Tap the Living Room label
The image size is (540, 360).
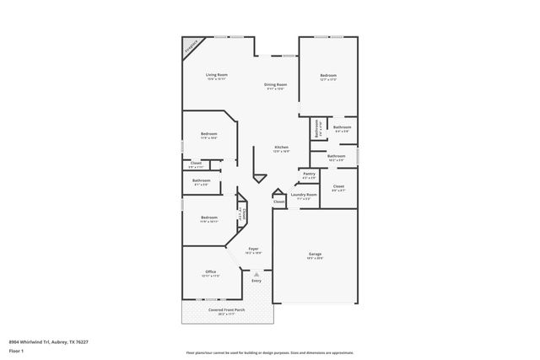pos(217,75)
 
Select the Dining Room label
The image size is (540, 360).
pos(276,84)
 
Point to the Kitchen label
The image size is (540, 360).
pos(281,147)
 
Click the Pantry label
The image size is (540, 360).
pos(309,174)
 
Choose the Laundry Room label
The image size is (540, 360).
pos(304,195)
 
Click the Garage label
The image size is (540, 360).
pos(315,253)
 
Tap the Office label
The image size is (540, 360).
pos(210,271)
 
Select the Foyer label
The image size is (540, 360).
pos(253,249)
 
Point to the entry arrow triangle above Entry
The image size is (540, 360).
pos(256,273)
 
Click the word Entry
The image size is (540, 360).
pos(256,281)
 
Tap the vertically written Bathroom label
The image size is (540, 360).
pos(317,129)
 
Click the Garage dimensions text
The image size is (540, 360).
pos(315,257)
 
